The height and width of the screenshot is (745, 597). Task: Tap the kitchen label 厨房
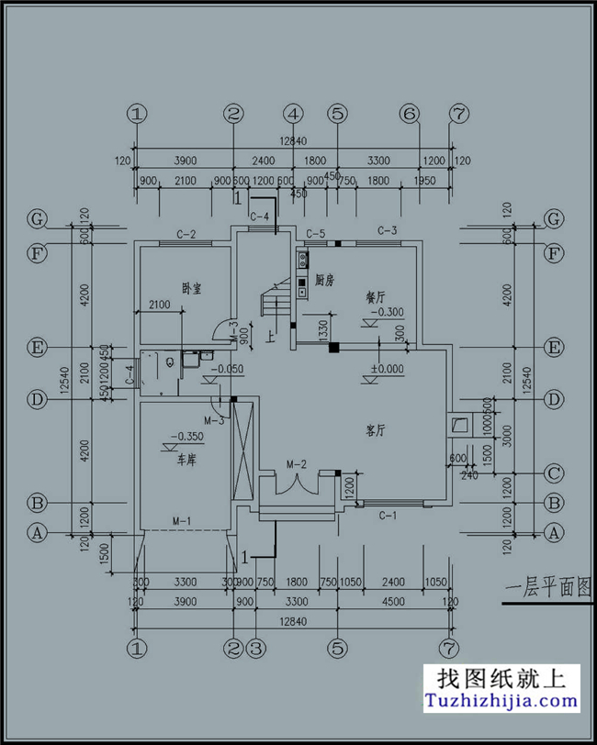point(323,279)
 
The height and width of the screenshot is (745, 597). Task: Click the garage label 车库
point(186,461)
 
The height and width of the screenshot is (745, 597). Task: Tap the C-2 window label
point(186,234)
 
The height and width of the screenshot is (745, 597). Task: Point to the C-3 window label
point(387,230)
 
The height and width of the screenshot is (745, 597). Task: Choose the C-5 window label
point(316,233)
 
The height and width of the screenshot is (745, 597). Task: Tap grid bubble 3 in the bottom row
point(256,648)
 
